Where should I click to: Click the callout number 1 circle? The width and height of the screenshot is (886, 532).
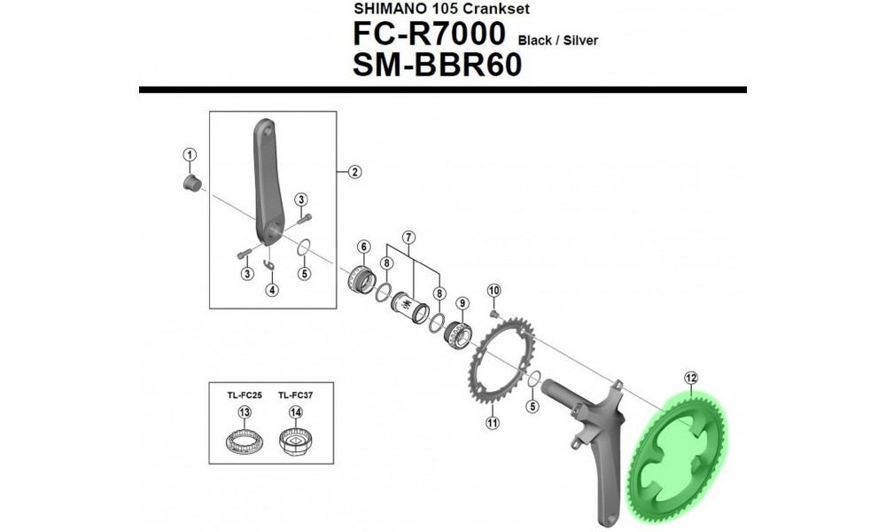click(x=189, y=154)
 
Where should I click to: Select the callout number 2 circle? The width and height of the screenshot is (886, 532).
click(x=354, y=172)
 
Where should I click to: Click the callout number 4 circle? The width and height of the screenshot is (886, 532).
click(x=273, y=289)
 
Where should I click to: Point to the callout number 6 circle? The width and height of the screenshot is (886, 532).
click(x=363, y=246)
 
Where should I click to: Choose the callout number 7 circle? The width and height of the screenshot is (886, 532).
click(x=408, y=237)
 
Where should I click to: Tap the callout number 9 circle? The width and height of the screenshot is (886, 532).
click(x=462, y=302)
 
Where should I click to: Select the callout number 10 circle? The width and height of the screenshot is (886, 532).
click(x=494, y=290)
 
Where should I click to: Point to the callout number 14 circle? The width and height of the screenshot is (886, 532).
click(x=295, y=412)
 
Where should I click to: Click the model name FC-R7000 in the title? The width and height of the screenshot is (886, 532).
click(x=429, y=36)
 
